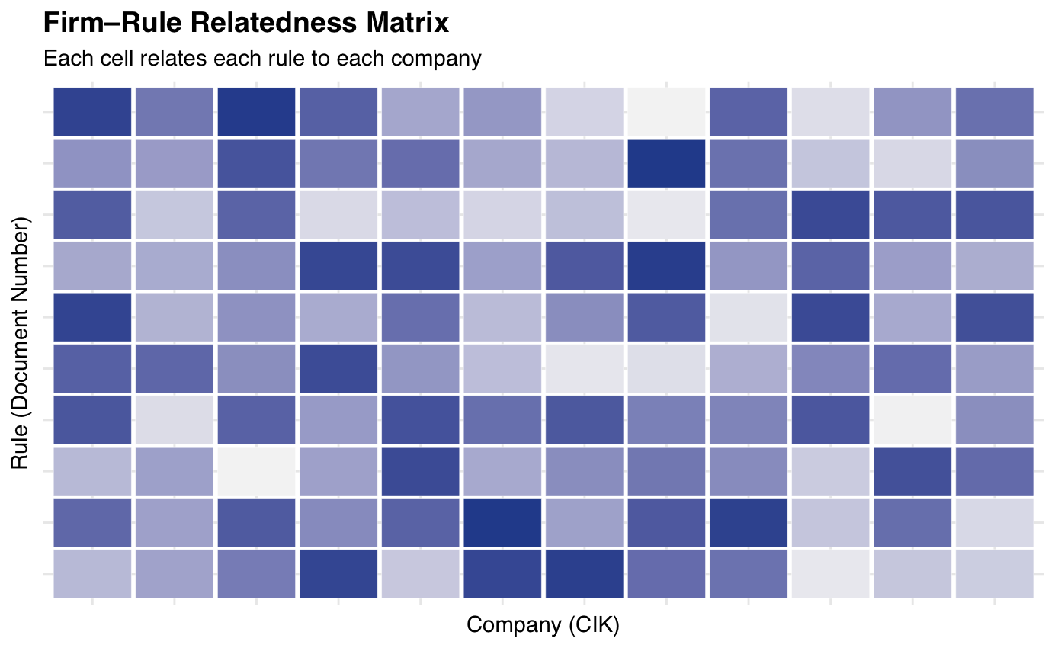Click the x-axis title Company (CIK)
coord(543,625)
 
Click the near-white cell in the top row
coord(666,111)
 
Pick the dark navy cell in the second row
coord(666,162)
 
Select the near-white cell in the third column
coord(256,470)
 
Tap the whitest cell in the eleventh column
coord(912,419)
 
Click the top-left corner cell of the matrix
coord(92,111)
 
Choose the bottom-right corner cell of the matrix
coord(994,573)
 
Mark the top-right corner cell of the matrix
coord(994,111)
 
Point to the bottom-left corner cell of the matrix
coord(92,573)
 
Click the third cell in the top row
coord(256,111)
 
